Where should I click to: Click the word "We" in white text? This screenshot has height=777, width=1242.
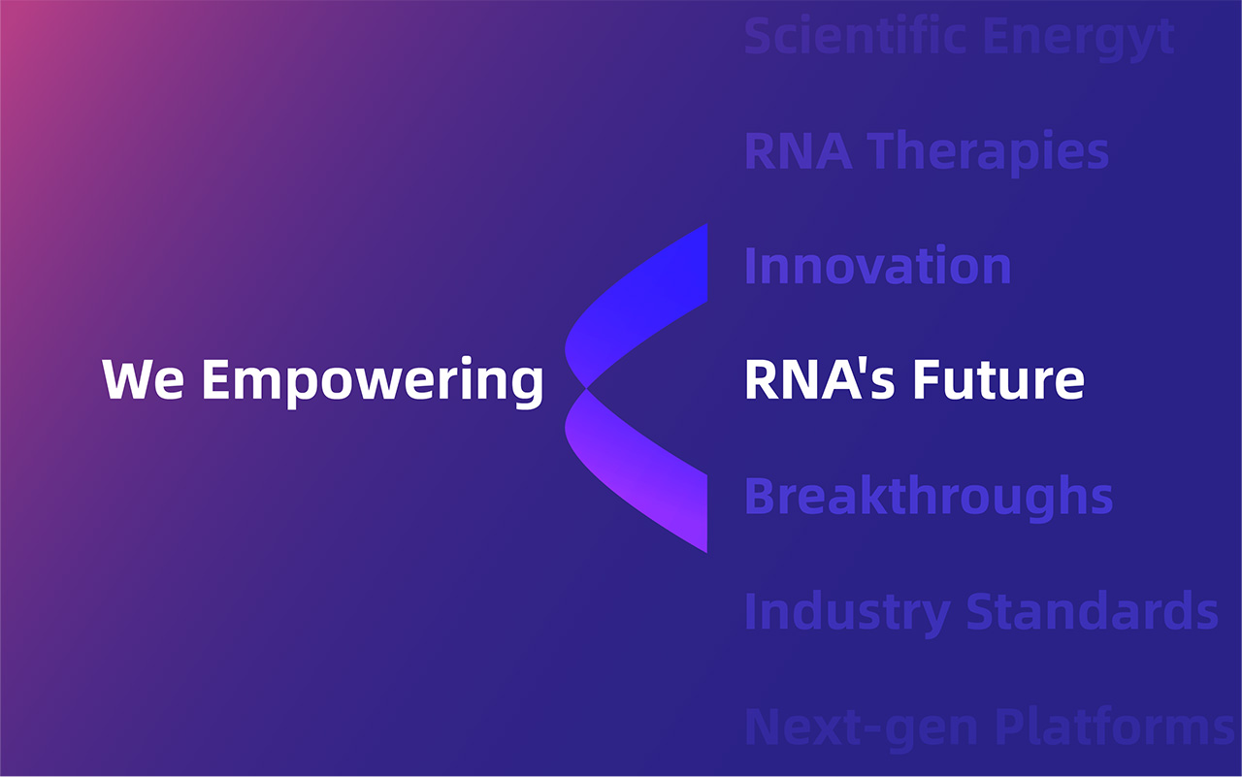(x=143, y=379)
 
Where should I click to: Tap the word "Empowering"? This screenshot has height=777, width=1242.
(x=373, y=382)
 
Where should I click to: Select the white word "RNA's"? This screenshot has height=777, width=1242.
(x=820, y=379)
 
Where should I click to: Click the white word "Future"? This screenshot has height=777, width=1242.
(x=998, y=379)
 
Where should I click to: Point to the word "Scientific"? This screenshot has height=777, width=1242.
(x=856, y=36)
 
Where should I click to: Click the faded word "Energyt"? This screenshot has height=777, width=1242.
(x=1079, y=39)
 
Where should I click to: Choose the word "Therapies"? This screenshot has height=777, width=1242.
(x=988, y=152)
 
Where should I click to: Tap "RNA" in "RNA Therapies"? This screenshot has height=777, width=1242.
(x=798, y=150)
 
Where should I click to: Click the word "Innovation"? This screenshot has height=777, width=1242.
(x=878, y=266)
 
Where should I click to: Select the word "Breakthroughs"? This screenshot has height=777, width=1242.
(x=929, y=497)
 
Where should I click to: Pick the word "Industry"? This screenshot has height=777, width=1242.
(x=848, y=613)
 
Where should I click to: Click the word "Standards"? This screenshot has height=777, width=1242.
(x=1092, y=611)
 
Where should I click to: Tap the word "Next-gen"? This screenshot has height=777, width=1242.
(x=861, y=728)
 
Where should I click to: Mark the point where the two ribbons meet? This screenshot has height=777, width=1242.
(x=586, y=388)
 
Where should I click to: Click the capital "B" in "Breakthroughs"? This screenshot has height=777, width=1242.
(x=761, y=496)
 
